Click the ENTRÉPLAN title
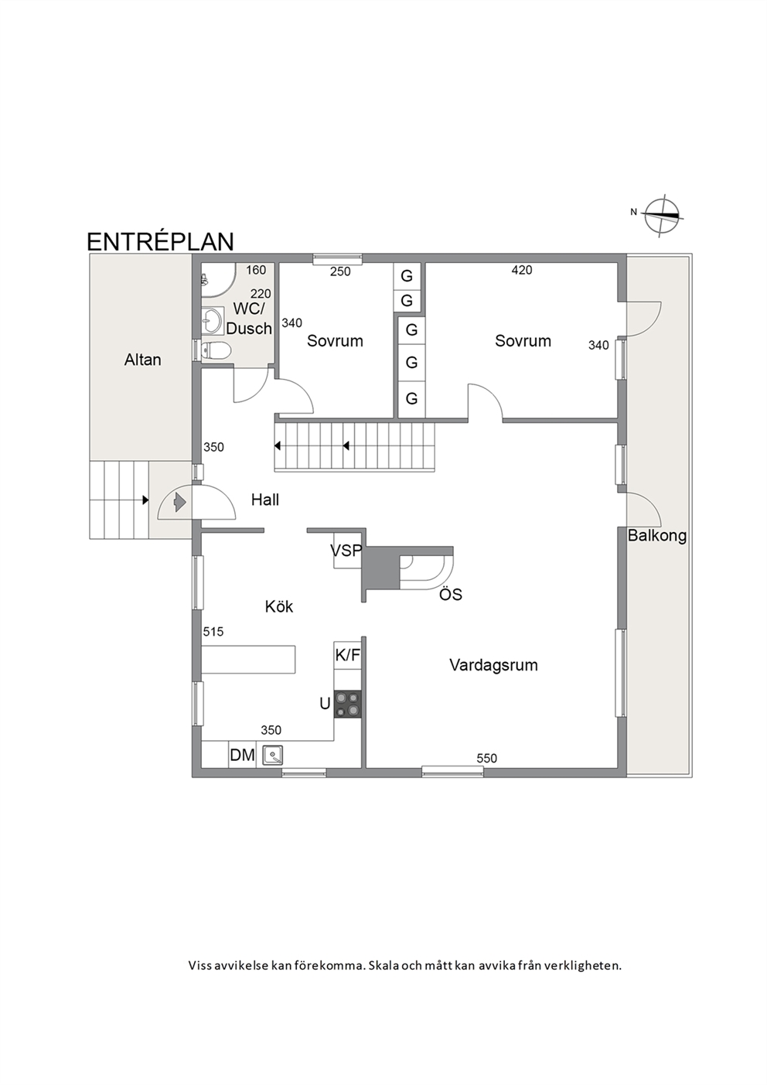click(160, 242)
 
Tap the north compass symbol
click(663, 216)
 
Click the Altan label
click(142, 360)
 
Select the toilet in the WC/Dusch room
click(216, 350)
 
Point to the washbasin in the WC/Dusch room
click(211, 322)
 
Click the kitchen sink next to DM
click(273, 755)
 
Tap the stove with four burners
click(348, 704)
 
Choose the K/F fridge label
click(348, 655)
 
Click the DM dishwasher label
click(242, 755)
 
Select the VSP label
click(346, 551)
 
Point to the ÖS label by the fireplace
click(450, 594)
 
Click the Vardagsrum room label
click(493, 665)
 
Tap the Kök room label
click(279, 606)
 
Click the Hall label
click(265, 500)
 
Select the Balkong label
click(657, 536)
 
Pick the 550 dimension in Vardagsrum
click(486, 758)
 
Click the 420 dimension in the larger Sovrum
click(521, 270)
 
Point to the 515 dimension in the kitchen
click(213, 631)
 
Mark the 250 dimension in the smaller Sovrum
click(340, 271)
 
